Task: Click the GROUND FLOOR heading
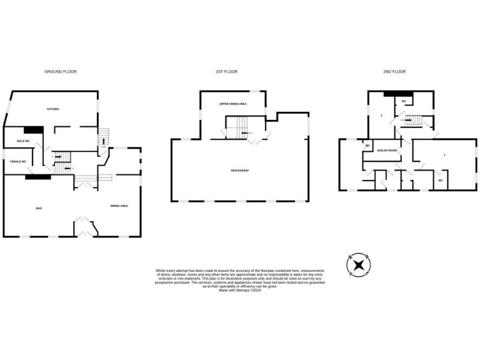(x=61, y=72)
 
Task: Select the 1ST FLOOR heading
(x=226, y=72)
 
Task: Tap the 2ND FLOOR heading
(x=394, y=72)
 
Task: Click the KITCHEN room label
(x=53, y=109)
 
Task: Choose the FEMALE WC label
(x=18, y=162)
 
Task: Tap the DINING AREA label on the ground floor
(x=119, y=206)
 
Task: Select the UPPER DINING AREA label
(x=232, y=104)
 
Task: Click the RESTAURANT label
(x=240, y=171)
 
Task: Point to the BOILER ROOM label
(x=387, y=151)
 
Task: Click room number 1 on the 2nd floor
(x=444, y=154)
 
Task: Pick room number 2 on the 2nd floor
(x=381, y=116)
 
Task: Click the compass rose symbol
(x=359, y=265)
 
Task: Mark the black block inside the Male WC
(x=33, y=130)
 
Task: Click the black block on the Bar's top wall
(x=38, y=177)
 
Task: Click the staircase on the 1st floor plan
(x=234, y=132)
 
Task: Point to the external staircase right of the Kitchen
(x=104, y=136)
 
